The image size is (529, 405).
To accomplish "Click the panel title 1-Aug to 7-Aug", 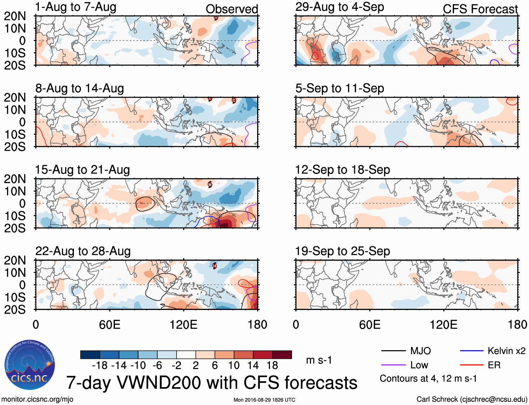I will point(76,7).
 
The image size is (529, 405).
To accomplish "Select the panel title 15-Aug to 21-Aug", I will point(82,170).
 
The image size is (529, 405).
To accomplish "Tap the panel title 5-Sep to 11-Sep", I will point(339,88).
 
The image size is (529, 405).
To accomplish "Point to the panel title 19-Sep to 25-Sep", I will point(342,251).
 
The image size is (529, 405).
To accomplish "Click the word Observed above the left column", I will point(232,9).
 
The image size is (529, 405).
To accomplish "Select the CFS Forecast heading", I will point(480,9).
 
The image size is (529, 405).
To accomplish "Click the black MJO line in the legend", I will point(393,351).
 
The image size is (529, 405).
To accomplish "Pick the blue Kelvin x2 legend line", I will point(472,351).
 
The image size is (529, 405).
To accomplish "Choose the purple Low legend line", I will point(393,365).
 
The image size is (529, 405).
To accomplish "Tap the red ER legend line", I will point(472,365).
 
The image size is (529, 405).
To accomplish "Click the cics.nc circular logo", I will point(29,365).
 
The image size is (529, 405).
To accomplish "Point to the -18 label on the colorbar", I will point(100,365).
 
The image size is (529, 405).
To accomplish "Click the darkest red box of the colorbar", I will point(282,355).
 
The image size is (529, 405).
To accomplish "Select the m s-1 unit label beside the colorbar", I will point(319,360).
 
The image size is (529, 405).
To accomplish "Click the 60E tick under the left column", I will point(110,325).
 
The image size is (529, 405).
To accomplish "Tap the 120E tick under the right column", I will point(444,325).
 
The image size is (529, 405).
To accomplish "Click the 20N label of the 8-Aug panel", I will point(15,98).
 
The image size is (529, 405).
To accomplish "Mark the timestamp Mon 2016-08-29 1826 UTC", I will point(264,400).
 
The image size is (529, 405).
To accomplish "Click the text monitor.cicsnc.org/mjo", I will point(37,399).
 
